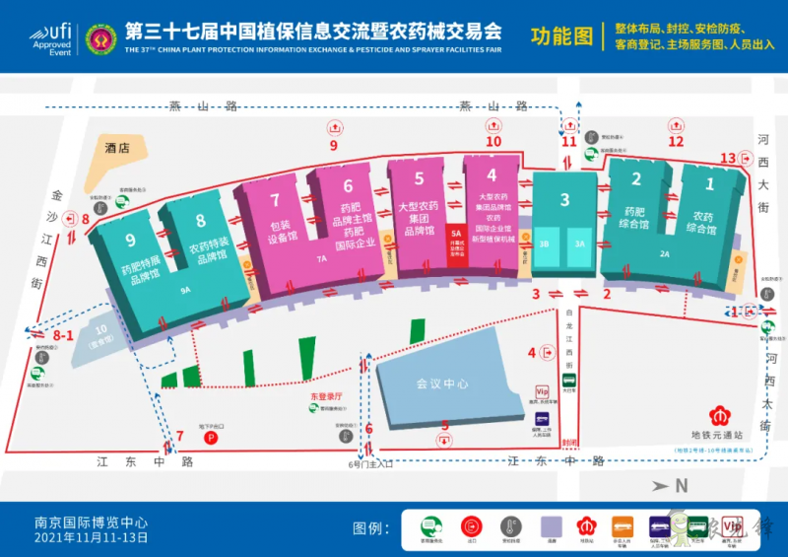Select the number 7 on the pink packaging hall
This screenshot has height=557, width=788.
[x=275, y=199]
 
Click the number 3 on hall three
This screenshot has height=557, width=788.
[x=564, y=200]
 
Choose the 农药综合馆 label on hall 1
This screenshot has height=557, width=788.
[x=703, y=223]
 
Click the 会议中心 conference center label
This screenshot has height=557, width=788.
[x=441, y=383]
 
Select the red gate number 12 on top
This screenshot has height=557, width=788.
[x=676, y=141]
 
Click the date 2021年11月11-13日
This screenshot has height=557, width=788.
[x=91, y=538]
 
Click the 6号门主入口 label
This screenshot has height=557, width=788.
[x=370, y=461]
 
